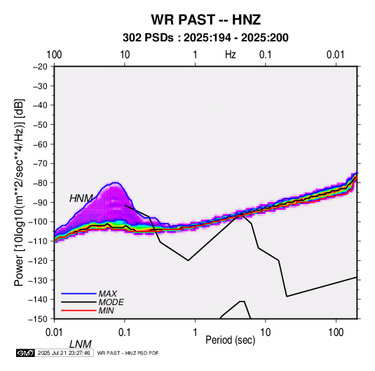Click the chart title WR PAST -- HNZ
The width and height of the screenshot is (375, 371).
pyautogui.click(x=205, y=20)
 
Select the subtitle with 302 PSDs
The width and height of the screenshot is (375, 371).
pyautogui.click(x=205, y=38)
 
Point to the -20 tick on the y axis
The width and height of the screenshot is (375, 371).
pyautogui.click(x=40, y=67)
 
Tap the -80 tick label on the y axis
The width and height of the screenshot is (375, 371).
pyautogui.click(x=40, y=183)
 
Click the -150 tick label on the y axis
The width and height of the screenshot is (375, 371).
pyautogui.click(x=38, y=319)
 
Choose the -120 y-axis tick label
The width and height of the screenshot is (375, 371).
pyautogui.click(x=38, y=260)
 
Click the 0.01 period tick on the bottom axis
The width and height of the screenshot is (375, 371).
pyautogui.click(x=54, y=332)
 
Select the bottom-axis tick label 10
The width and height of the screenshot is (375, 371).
pyautogui.click(x=266, y=332)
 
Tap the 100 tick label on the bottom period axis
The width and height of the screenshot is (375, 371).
pyautogui.click(x=336, y=332)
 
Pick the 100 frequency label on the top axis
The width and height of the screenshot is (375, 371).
pyautogui.click(x=54, y=55)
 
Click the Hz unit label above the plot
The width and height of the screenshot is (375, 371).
pyautogui.click(x=231, y=55)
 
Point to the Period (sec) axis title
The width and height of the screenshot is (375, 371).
pyautogui.click(x=231, y=340)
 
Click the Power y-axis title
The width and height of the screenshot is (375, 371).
pyautogui.click(x=19, y=192)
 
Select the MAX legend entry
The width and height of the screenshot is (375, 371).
pyautogui.click(x=107, y=294)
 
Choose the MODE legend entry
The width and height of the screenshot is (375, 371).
pyautogui.click(x=111, y=302)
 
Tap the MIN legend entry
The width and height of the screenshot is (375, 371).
pyautogui.click(x=106, y=311)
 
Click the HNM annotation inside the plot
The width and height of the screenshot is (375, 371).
pyautogui.click(x=81, y=198)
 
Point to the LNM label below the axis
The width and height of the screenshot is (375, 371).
pyautogui.click(x=81, y=344)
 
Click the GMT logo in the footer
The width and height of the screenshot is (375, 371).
pyautogui.click(x=25, y=353)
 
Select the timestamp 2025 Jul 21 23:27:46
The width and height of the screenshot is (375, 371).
pyautogui.click(x=64, y=353)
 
